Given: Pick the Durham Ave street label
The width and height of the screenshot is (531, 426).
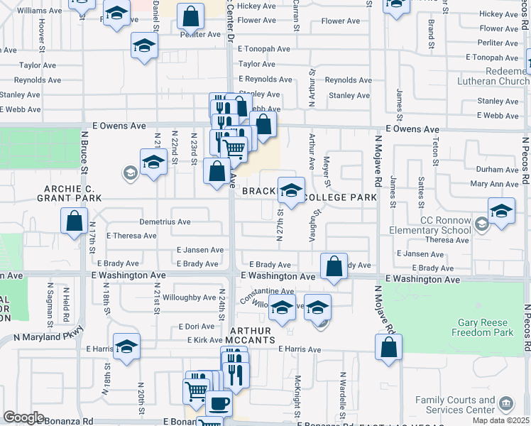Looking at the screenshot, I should click(497, 170).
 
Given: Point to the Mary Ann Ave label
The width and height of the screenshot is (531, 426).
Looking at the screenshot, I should click(494, 184).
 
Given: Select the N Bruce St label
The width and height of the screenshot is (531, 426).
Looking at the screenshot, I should click(84, 152).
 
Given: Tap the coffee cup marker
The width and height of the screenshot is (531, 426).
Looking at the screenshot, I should click(219, 403).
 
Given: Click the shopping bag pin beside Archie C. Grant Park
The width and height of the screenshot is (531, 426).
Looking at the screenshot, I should click(74, 221).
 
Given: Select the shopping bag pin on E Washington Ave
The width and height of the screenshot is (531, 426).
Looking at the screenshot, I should click(334, 267).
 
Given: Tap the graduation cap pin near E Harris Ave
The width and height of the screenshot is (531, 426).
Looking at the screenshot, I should click(126, 346).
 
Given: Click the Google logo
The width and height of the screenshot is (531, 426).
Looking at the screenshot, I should click(23, 417).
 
